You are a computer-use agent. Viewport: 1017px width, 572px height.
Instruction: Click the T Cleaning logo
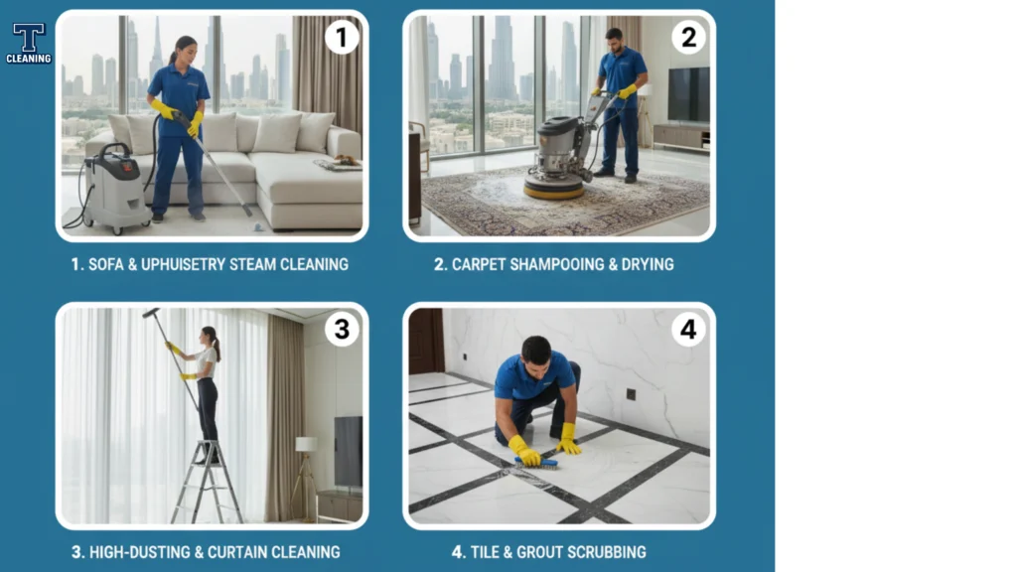coord(29,44)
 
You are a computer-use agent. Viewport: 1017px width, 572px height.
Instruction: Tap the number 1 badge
coord(342,37)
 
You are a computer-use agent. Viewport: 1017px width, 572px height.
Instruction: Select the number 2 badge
coord(688,37)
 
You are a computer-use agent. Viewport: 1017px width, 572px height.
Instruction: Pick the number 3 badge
coord(342,330)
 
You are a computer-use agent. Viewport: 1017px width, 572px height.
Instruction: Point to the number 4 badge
coord(688,330)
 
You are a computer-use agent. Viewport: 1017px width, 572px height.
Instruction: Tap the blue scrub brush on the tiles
coord(536,463)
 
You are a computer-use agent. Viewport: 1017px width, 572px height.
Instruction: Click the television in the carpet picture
coord(689,94)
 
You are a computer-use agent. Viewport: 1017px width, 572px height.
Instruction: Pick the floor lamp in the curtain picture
coord(305,478)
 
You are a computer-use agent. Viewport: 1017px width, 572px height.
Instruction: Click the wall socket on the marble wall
coord(631,394)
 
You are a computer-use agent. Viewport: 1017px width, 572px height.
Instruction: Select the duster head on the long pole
coord(151,313)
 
